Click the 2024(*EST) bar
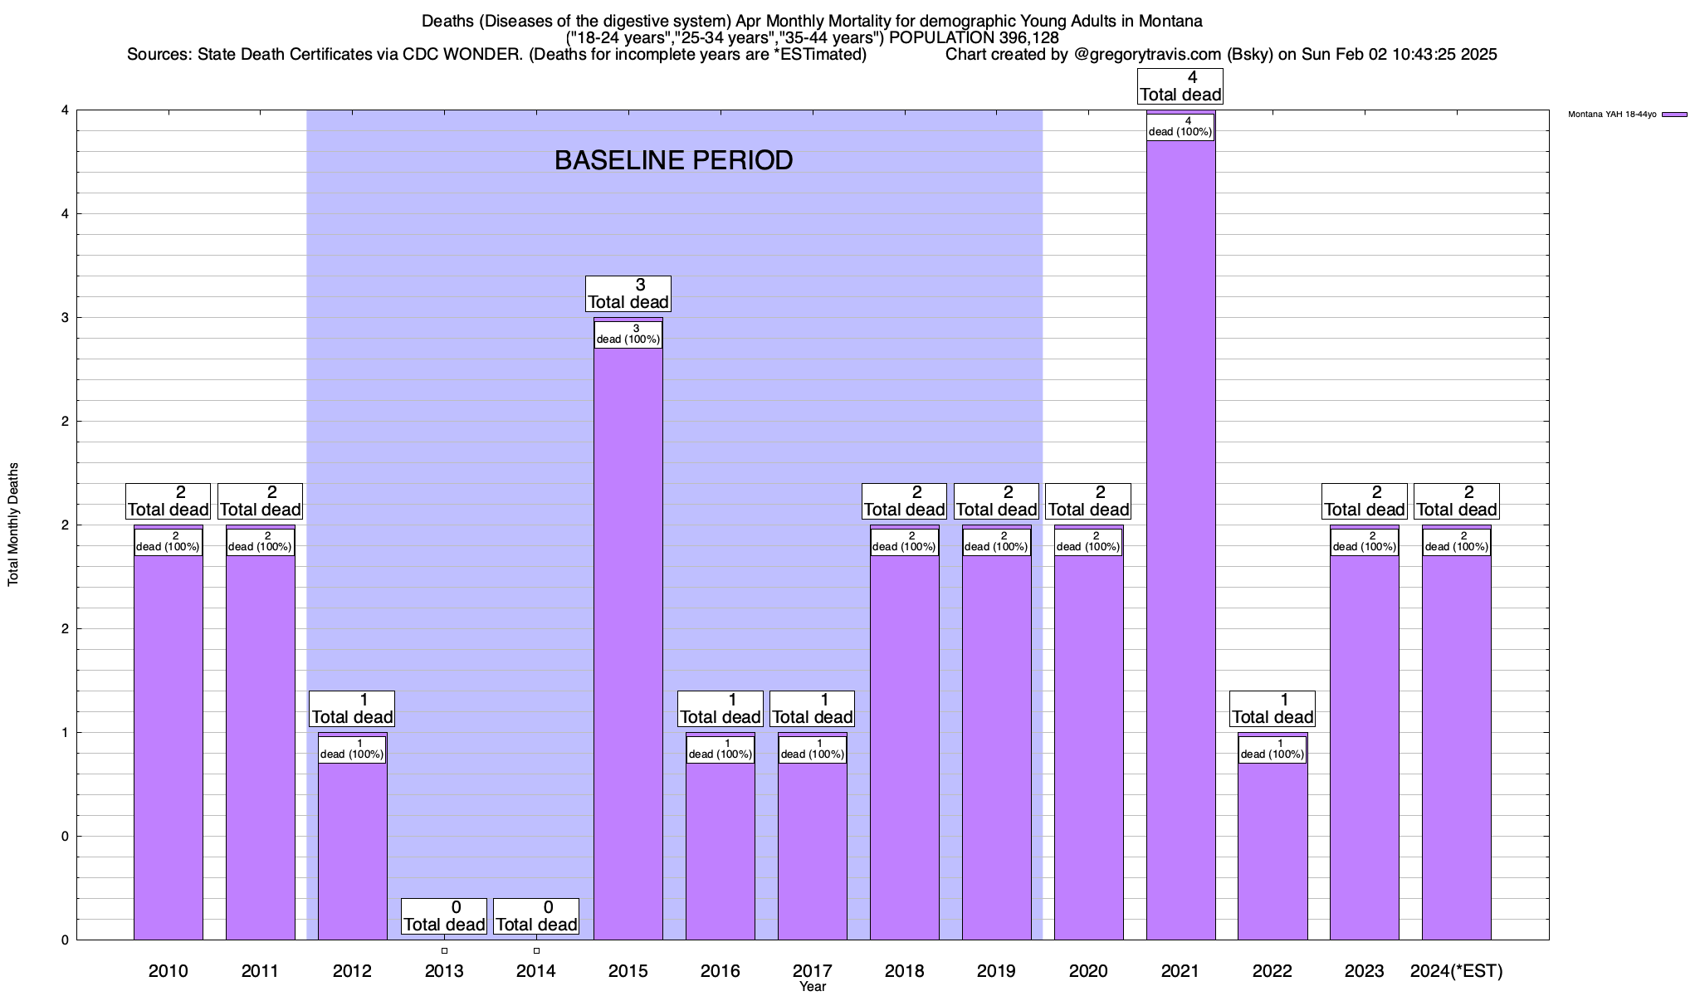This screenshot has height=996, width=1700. [x=1456, y=747]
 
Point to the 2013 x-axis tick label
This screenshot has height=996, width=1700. [x=444, y=971]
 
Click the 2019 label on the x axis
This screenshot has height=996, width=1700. [x=996, y=971]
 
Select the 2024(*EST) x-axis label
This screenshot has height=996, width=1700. [x=1456, y=971]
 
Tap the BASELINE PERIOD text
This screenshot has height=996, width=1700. [x=673, y=160]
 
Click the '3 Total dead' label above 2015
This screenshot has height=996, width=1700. [x=628, y=294]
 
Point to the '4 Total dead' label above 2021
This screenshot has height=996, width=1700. [x=1180, y=86]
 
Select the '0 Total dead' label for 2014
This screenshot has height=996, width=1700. [x=536, y=916]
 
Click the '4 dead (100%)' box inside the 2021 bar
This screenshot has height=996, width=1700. [x=1180, y=127]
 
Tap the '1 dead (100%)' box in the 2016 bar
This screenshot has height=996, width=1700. [x=721, y=749]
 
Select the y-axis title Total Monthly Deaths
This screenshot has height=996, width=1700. [x=13, y=525]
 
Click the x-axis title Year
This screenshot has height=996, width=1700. [x=813, y=987]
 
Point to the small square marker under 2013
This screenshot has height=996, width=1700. [x=444, y=950]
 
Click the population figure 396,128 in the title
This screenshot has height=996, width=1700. [x=1024, y=37]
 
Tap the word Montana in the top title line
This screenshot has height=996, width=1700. [x=1171, y=21]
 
